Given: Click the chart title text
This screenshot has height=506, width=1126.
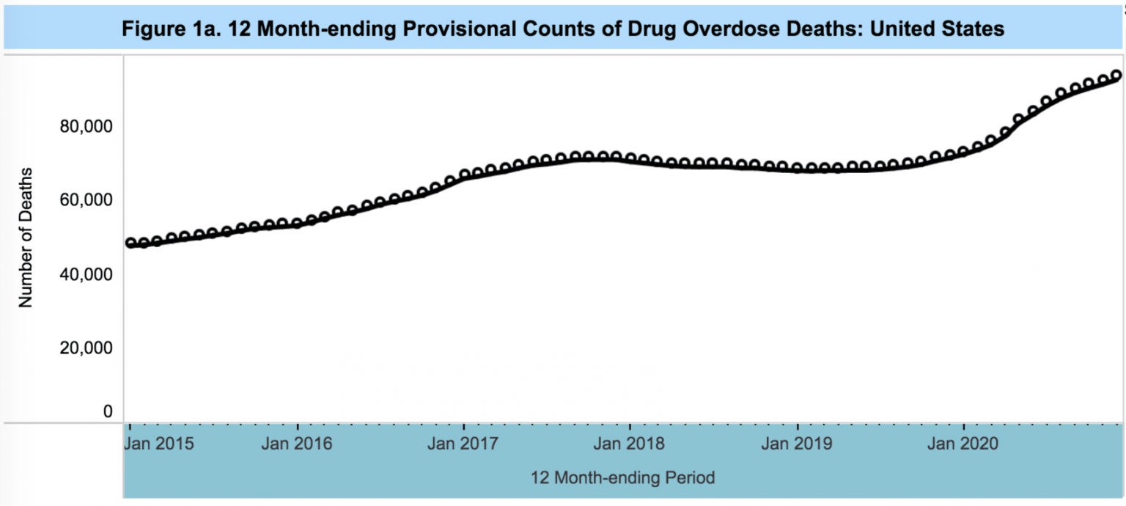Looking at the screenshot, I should [x=562, y=29].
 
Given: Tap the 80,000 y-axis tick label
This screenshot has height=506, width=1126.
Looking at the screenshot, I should [x=85, y=127].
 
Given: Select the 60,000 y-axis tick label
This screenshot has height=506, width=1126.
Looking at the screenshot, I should [x=85, y=200].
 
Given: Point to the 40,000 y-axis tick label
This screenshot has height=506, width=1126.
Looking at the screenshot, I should [x=85, y=274].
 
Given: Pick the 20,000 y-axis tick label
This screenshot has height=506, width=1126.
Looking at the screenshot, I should [x=85, y=348].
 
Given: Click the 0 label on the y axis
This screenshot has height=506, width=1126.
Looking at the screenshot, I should [x=108, y=411].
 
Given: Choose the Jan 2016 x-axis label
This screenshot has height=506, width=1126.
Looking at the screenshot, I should [x=297, y=444].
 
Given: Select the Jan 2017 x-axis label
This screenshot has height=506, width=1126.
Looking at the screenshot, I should [x=463, y=444].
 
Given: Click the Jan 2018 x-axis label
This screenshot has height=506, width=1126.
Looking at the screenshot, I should [x=630, y=444].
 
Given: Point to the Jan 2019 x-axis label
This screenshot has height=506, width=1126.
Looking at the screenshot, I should [x=797, y=444].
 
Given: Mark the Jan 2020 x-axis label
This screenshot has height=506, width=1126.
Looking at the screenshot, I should [x=963, y=444].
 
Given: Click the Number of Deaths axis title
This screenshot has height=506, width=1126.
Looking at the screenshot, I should [x=26, y=238].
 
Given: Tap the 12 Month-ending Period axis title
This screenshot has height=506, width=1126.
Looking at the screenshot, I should [x=623, y=478].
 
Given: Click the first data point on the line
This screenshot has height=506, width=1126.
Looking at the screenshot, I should [x=130, y=243].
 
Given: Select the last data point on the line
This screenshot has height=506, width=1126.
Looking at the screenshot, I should [x=1116, y=76].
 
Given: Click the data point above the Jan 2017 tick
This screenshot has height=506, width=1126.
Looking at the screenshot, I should [x=464, y=175].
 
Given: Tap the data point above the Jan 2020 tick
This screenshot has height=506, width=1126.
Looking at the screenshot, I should [x=963, y=152].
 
